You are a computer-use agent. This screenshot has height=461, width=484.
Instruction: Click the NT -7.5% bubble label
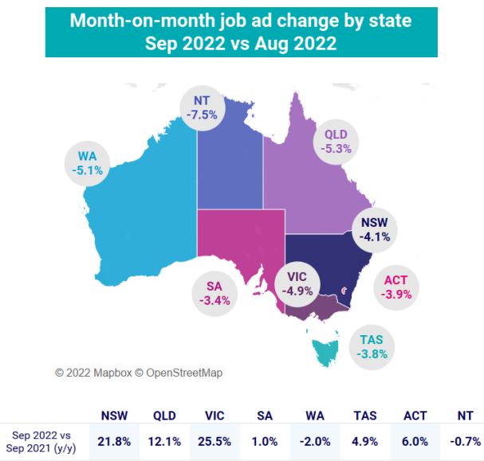(203, 107)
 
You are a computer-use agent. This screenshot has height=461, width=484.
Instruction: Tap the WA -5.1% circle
(88, 163)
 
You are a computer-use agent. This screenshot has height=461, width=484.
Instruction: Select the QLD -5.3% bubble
(336, 142)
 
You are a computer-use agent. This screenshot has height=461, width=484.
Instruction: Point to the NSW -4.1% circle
(375, 229)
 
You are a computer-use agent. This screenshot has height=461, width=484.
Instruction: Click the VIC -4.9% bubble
(297, 284)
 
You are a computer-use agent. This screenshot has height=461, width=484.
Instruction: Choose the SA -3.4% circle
(214, 294)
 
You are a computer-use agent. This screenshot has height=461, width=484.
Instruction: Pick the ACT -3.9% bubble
(396, 287)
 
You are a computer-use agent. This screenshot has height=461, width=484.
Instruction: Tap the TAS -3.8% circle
(372, 347)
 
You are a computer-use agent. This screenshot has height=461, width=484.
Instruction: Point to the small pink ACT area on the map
(344, 291)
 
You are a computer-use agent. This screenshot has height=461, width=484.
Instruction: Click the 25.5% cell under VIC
(214, 442)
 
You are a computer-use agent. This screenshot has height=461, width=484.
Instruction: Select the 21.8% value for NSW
(114, 442)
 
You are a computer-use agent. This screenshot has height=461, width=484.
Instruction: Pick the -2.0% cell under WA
(315, 442)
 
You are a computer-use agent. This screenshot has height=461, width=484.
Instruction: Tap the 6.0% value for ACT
(415, 442)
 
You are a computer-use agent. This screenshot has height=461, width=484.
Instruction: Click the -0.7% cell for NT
(466, 442)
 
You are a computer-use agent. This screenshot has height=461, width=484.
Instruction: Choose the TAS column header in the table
(365, 416)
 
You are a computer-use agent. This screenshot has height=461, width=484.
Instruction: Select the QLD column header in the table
(164, 416)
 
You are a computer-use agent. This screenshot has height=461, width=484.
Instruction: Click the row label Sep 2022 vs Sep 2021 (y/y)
(41, 442)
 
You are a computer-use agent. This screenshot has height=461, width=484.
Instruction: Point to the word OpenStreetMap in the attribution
(184, 373)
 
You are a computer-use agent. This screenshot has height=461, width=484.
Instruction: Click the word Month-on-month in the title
(142, 21)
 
